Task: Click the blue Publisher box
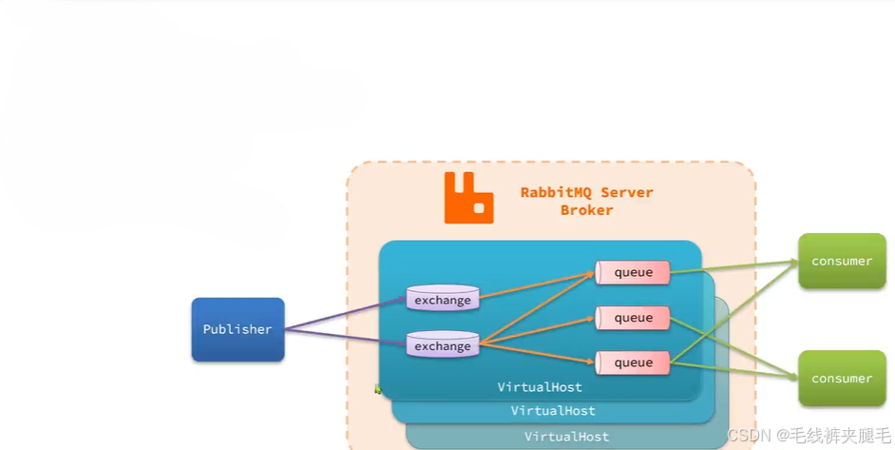click(x=238, y=329)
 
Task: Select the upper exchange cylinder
click(x=443, y=300)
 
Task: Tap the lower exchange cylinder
click(x=443, y=345)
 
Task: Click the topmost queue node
click(x=633, y=272)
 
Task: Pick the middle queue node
click(x=633, y=318)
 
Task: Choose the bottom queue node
click(x=633, y=362)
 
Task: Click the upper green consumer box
click(x=842, y=261)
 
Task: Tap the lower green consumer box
click(x=842, y=378)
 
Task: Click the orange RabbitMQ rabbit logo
click(x=468, y=198)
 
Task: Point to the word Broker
click(x=586, y=210)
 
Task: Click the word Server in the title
click(x=627, y=192)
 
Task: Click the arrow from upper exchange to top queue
click(x=537, y=286)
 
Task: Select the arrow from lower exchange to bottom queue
click(x=537, y=352)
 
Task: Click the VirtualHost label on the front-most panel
click(x=540, y=387)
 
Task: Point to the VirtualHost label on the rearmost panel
click(x=566, y=437)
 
